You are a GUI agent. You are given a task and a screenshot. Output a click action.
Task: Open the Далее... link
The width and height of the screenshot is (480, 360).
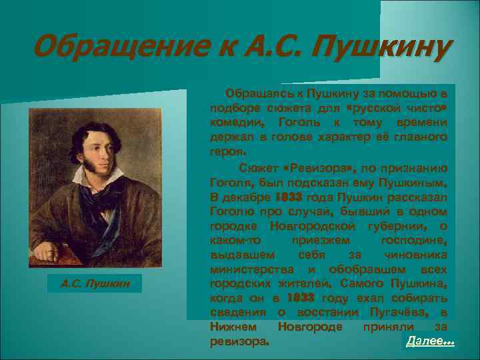(x=430, y=341)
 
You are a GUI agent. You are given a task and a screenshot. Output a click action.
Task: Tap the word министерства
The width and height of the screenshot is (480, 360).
(x=243, y=269)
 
